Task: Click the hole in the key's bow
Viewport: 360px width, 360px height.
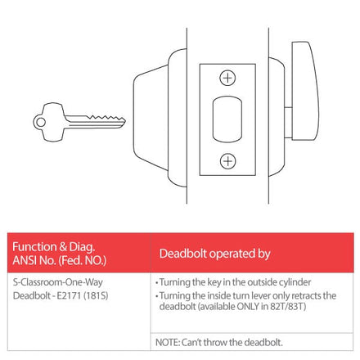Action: click(41, 122)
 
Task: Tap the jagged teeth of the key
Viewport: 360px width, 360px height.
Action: click(106, 118)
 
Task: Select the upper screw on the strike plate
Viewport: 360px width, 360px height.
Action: click(227, 78)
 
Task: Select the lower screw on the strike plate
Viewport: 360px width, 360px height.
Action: click(227, 161)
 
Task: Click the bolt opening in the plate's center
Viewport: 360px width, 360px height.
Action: click(227, 119)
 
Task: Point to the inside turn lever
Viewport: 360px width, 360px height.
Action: click(305, 91)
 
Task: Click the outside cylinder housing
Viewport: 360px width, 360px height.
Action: click(160, 118)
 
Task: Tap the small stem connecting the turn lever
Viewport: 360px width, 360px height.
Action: click(288, 122)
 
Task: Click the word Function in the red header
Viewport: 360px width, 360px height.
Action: click(34, 247)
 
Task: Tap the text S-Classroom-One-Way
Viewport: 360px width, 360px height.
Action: click(58, 282)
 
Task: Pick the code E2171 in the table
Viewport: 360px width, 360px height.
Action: click(69, 295)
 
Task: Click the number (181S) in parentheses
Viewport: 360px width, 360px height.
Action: click(96, 295)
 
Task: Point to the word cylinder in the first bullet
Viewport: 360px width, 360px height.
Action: click(295, 282)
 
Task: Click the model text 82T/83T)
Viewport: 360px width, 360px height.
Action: click(288, 306)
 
